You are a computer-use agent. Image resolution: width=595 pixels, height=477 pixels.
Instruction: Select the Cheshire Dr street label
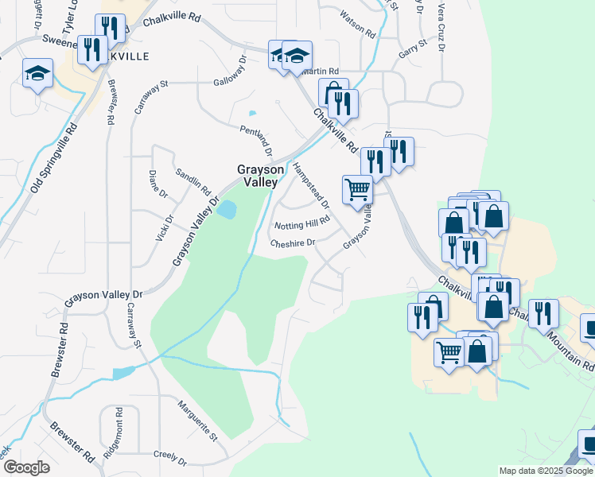click(x=293, y=243)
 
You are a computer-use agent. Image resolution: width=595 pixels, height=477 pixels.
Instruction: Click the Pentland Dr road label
click(x=256, y=140)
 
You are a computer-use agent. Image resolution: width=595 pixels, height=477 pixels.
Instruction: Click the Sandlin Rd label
click(x=192, y=184)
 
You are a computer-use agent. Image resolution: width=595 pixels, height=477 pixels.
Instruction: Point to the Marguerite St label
click(x=197, y=421)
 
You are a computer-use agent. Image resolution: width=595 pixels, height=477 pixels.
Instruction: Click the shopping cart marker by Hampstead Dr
click(x=358, y=189)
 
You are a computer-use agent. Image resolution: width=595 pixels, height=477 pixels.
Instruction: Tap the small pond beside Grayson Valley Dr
click(x=227, y=210)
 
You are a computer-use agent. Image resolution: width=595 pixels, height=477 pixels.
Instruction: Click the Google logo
click(x=27, y=467)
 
